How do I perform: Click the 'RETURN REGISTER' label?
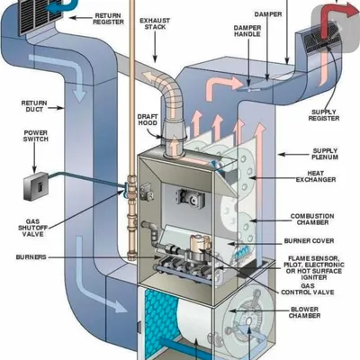coord(108,19)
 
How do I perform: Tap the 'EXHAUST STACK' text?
coord(155,23)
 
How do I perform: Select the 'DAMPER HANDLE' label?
coord(247,31)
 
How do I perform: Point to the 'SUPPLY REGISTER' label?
coord(324,115)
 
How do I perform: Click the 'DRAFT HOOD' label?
coord(148,120)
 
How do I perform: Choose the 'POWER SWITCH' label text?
coord(36,136)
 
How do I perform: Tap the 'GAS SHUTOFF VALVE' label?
coord(32,228)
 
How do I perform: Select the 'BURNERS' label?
coord(31,257)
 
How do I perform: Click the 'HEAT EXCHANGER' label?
coord(316,176)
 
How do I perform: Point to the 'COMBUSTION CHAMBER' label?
coord(312,220)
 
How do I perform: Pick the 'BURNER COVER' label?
coord(309,241)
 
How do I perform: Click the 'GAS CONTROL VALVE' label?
coord(308,289)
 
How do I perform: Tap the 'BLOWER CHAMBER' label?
coord(304,312)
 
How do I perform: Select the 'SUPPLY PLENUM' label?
coord(325,154)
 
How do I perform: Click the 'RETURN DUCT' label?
coord(34,106)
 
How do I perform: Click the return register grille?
coord(41,15)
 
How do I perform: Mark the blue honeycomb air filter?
coord(160,321)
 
